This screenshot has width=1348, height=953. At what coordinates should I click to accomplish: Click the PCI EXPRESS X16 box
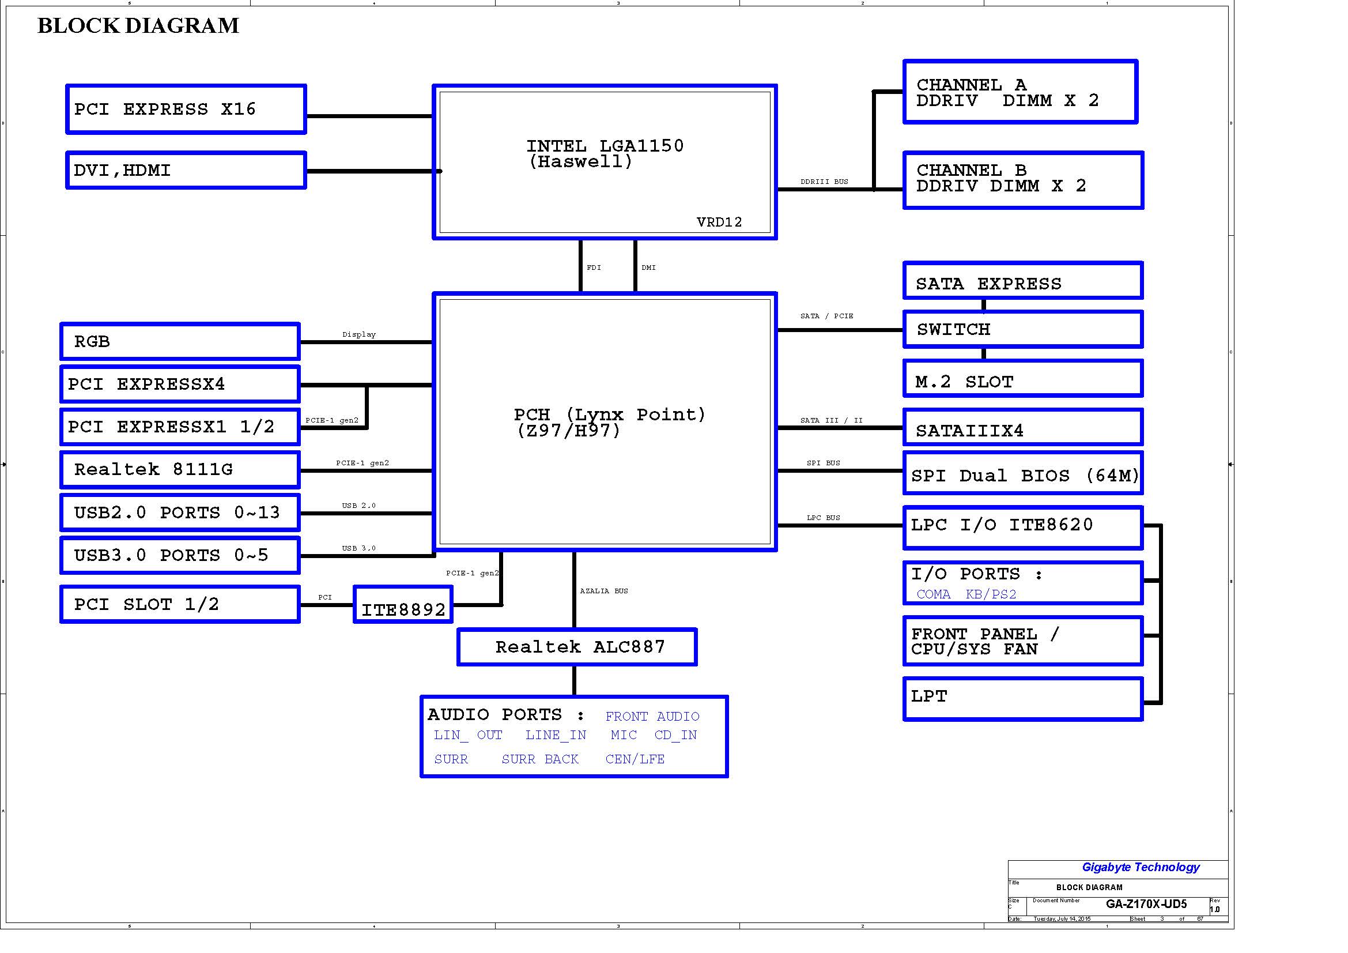186,109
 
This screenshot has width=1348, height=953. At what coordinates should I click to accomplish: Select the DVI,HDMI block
186,170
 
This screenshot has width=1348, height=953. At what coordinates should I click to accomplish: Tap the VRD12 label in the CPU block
719,222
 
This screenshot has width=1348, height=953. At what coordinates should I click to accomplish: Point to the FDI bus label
594,268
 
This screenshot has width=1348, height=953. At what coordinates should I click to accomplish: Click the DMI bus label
648,268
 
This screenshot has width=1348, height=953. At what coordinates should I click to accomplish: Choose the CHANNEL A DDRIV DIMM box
1021,92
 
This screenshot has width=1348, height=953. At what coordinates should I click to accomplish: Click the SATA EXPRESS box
1023,281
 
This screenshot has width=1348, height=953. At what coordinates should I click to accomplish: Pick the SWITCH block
1023,329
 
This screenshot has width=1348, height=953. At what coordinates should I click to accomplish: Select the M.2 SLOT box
1023,379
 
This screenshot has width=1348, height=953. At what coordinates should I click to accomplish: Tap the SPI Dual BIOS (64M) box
1023,473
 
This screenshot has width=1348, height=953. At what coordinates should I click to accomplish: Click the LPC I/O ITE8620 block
1023,528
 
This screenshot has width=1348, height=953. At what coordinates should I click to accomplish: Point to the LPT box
1023,699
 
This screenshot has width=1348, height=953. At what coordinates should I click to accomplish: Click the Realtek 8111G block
180,470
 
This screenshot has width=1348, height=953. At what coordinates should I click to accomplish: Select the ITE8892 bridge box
403,605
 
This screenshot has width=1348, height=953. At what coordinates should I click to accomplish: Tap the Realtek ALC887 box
577,647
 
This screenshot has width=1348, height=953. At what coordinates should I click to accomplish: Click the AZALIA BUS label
603,592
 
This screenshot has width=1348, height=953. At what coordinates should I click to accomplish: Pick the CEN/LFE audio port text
635,759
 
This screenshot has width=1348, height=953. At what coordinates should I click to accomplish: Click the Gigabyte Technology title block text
1140,867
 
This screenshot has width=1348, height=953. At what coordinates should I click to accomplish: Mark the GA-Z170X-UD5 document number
1146,904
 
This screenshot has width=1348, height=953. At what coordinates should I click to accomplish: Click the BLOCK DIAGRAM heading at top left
138,26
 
